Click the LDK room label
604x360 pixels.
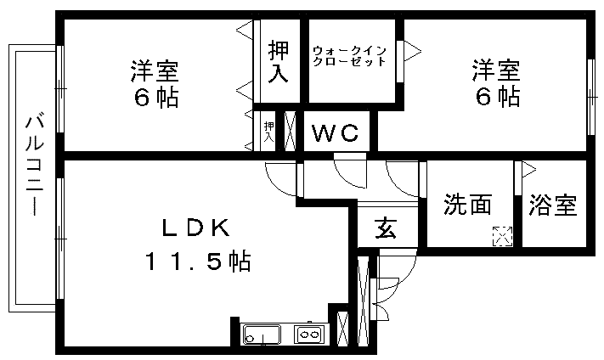(x=196, y=228)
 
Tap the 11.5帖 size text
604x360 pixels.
(x=196, y=262)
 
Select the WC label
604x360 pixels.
(x=337, y=133)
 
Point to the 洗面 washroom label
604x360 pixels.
(x=468, y=205)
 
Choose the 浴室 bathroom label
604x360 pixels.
(x=552, y=205)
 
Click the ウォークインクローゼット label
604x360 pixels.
(x=349, y=56)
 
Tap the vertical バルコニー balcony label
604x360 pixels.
(x=33, y=165)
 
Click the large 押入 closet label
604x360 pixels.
(x=277, y=62)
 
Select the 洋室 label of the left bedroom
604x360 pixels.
(x=155, y=68)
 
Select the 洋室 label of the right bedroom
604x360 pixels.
(x=497, y=68)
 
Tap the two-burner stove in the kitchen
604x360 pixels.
(x=308, y=335)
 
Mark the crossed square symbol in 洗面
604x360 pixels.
(x=503, y=236)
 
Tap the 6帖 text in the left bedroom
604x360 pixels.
(x=155, y=97)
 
